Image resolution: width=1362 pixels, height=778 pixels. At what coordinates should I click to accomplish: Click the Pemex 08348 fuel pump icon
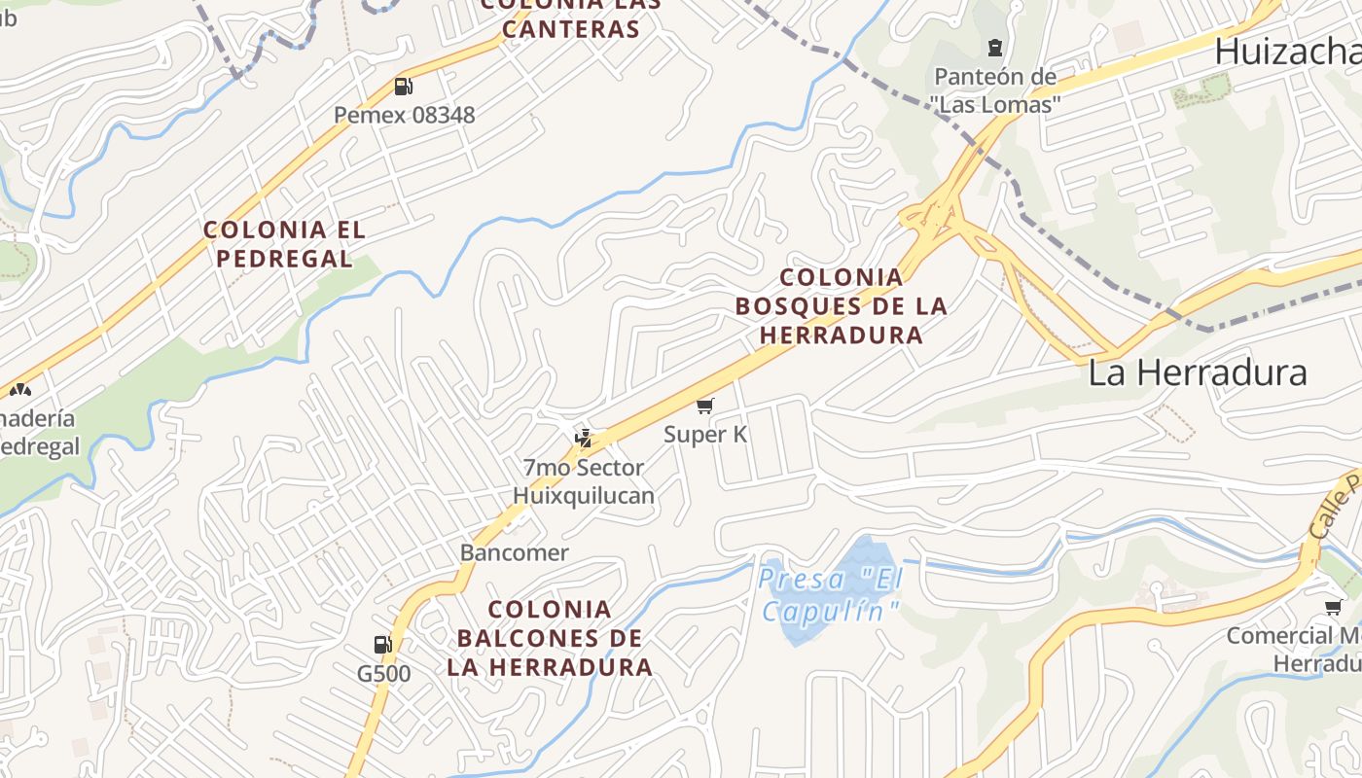coord(403,87)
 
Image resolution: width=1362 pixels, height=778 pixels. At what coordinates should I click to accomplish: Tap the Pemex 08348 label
coord(405,115)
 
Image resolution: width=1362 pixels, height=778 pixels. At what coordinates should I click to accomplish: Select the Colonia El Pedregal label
coord(284,244)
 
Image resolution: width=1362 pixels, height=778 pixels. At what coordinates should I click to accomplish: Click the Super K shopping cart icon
coord(705,407)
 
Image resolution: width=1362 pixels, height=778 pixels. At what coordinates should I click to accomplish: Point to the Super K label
coord(705,434)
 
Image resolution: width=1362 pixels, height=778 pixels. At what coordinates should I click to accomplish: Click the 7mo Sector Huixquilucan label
coord(584,481)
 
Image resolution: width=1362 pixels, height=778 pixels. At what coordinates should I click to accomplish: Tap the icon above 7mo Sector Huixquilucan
coord(583,438)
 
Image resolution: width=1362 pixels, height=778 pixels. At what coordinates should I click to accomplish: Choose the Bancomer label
coord(514,552)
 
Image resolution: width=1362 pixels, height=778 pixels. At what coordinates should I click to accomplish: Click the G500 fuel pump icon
coord(383,644)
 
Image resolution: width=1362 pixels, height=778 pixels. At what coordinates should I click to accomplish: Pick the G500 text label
coord(383,673)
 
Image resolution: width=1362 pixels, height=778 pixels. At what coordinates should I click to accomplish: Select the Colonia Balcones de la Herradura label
coord(550,638)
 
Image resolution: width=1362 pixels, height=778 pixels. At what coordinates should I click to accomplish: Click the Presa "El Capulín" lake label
coord(830,594)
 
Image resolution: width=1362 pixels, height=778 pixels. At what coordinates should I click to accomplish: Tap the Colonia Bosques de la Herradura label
coord(841,306)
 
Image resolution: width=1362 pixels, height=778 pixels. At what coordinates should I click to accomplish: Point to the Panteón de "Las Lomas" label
coord(995,89)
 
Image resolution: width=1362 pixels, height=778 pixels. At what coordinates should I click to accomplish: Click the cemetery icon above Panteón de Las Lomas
coord(995,47)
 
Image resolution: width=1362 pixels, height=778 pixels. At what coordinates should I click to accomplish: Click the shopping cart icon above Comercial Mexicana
coord(1333,607)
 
